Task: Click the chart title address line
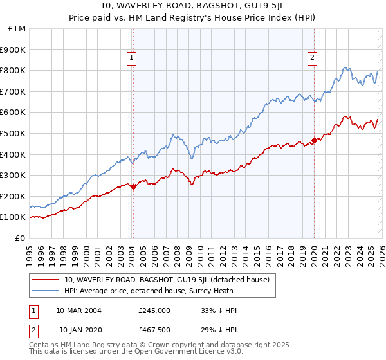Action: point(193,6)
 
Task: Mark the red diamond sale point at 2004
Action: point(133,187)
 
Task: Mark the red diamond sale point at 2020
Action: point(314,140)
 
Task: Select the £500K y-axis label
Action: point(13,133)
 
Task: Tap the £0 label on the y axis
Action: point(20,238)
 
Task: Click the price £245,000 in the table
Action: point(154,310)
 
